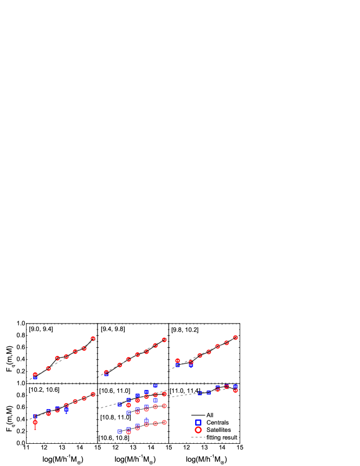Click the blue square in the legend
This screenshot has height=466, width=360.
coord(198,422)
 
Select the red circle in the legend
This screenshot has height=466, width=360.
coord(198,430)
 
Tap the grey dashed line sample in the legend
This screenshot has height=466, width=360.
coord(198,437)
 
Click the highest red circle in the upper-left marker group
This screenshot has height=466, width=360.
coord(93,339)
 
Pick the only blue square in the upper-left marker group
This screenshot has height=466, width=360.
coord(35,376)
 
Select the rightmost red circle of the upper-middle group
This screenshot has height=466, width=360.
coord(164,340)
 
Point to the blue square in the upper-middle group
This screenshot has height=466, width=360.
coord(106,374)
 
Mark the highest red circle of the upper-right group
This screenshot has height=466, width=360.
coord(235,338)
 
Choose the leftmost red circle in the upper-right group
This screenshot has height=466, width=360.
coord(177,361)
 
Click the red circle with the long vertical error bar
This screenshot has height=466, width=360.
coord(35,422)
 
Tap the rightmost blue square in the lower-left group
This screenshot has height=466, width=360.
coord(66,410)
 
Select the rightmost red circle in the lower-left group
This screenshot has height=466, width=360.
coord(93,394)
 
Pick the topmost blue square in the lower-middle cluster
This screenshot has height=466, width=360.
coord(155,386)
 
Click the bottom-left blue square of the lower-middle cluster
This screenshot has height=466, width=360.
coord(120,431)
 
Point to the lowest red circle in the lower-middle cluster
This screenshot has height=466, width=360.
coord(128,432)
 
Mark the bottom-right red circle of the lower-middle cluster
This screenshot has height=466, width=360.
coord(164,422)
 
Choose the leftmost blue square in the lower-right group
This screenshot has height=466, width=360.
coord(200,393)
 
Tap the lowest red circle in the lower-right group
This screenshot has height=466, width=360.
coord(235,390)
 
